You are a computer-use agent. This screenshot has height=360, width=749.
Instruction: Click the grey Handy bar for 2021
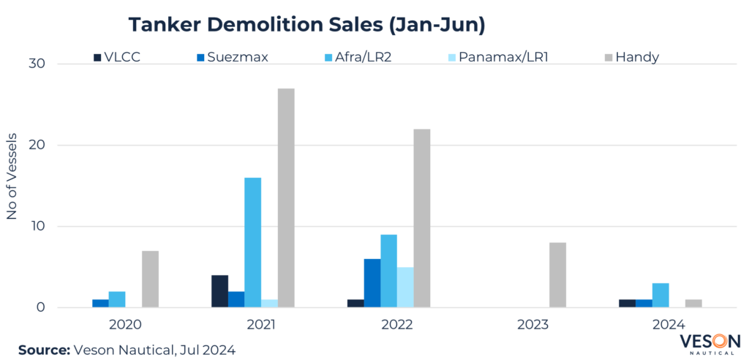click(286, 198)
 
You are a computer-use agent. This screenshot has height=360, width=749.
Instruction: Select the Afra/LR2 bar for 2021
click(253, 242)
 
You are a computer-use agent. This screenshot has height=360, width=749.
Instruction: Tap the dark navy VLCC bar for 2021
click(219, 291)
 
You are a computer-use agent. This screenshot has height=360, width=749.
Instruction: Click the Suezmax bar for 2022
click(372, 283)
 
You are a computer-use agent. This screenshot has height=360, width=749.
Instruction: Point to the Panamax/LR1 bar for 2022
click(405, 287)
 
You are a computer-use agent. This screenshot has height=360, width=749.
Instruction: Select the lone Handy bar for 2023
click(557, 275)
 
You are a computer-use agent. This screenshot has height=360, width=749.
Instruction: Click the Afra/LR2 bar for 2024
click(660, 295)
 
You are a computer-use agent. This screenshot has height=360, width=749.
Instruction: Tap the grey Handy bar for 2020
click(150, 279)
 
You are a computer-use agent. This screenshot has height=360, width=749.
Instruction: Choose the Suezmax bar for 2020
click(100, 303)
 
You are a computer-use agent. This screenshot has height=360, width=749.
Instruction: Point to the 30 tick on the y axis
click(37, 64)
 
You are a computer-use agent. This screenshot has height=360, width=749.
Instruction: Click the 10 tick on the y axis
click(37, 226)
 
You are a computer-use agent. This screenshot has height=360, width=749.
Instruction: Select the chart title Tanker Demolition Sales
click(307, 24)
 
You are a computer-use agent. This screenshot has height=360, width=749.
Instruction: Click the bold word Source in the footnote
click(42, 350)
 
